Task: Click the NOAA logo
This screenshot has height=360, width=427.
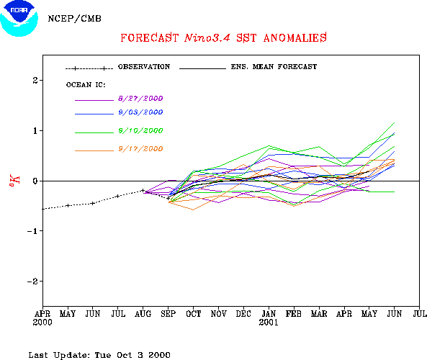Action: pos(19,18)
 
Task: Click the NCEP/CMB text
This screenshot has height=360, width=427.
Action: pos(75,19)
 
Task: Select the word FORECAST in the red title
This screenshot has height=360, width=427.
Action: pos(150,38)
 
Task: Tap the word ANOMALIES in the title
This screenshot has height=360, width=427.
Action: pos(295,38)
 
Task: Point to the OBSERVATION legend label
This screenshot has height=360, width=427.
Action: pos(144,67)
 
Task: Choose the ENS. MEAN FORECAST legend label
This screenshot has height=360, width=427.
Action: pos(274,67)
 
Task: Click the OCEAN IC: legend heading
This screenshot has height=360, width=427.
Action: pos(86,85)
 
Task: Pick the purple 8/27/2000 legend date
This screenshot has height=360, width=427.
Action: pos(140,99)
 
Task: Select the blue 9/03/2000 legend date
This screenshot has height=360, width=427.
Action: pos(140,112)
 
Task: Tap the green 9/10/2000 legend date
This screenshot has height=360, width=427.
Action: pos(140,131)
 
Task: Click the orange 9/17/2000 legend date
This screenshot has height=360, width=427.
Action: pos(140,149)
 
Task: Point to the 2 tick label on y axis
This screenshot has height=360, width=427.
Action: pos(35,81)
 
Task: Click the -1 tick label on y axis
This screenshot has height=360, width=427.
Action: pos(32,231)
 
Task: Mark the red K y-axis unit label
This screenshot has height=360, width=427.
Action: pos(14,181)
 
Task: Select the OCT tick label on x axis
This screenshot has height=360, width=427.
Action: pos(194,314)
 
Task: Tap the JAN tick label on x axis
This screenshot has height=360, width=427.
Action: pos(269,314)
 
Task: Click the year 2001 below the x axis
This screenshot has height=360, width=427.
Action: pos(269,323)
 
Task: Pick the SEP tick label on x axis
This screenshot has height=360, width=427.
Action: pos(168,314)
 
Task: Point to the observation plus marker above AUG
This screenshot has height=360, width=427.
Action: pos(143,190)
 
